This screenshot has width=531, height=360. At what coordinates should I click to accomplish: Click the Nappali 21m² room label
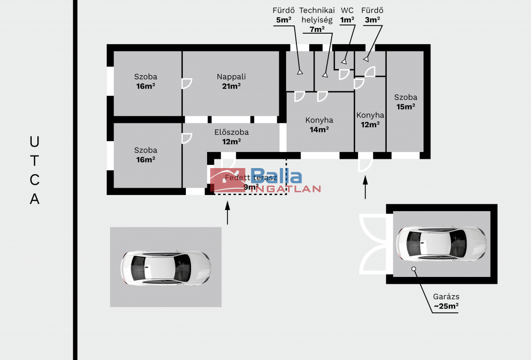click(x=232, y=81)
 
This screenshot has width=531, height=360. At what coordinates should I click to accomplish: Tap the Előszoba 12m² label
click(x=232, y=137)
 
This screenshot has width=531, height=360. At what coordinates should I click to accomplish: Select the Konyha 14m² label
click(x=319, y=125)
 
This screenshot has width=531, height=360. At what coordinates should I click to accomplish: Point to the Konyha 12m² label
click(x=370, y=120)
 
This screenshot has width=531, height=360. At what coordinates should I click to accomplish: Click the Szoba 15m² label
click(x=406, y=102)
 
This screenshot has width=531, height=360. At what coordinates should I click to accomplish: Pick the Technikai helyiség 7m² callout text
click(x=317, y=20)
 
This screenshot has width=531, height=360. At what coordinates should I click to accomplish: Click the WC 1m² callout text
click(x=347, y=15)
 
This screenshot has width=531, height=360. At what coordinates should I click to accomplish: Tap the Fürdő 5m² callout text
click(x=284, y=15)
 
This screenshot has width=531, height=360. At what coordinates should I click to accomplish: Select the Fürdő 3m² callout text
click(x=372, y=15)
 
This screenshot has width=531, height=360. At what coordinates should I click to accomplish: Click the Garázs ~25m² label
click(x=446, y=301)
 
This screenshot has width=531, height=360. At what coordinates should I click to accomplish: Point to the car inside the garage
click(x=441, y=244)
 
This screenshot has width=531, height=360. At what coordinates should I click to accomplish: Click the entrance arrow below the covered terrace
click(x=227, y=213)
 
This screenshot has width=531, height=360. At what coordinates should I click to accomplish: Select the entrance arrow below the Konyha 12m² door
click(x=365, y=187)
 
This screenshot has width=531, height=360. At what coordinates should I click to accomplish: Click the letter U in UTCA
click(x=34, y=142)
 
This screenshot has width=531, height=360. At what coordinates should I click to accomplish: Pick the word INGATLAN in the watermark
click(x=285, y=189)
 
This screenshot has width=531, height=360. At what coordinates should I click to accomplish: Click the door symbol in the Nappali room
click(x=186, y=84)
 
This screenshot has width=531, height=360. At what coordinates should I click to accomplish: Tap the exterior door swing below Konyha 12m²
click(x=365, y=162)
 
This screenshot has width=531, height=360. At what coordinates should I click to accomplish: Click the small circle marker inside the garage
click(x=414, y=269)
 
